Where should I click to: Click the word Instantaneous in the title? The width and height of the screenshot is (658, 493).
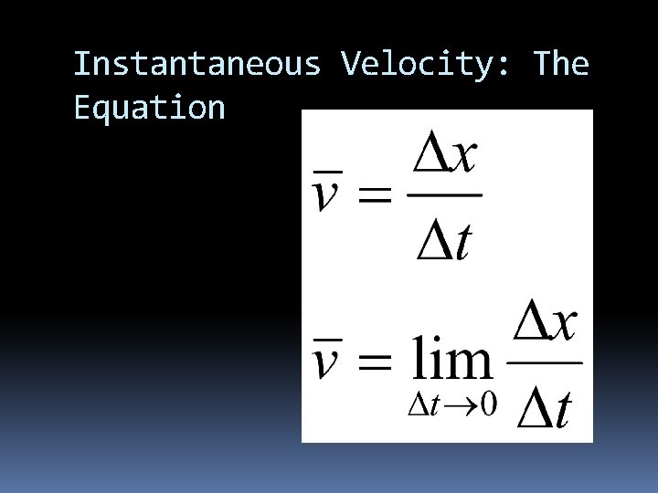(x=196, y=65)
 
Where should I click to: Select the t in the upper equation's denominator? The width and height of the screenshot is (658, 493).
(x=464, y=239)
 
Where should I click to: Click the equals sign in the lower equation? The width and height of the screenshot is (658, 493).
(x=372, y=363)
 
